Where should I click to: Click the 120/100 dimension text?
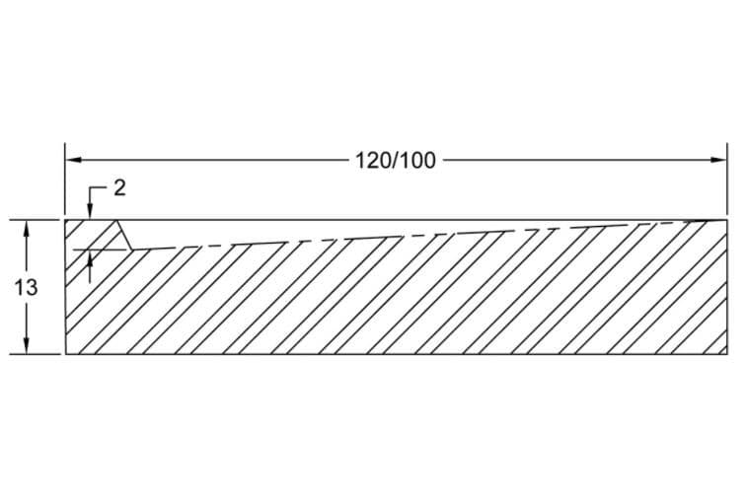tap(394, 161)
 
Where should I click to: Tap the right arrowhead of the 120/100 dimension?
tap(719, 160)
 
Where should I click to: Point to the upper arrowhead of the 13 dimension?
tap(27, 227)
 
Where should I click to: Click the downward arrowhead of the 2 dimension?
tap(90, 212)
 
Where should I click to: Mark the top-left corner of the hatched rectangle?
tap(65, 219)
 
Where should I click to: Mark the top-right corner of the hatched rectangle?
tap(727, 219)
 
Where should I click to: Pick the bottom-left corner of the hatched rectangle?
tap(65, 352)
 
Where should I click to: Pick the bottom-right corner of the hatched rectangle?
tap(727, 352)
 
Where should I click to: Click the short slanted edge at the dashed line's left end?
tap(125, 234)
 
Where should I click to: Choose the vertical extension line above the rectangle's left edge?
tap(65, 182)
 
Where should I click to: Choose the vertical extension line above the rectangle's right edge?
tap(727, 182)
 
